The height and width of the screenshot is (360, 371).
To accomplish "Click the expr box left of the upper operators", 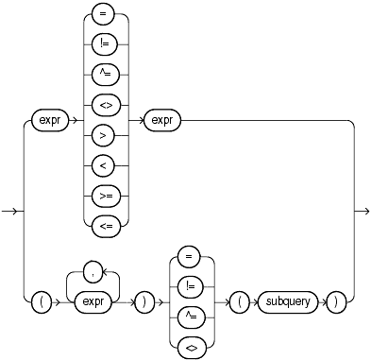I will tap(47, 121).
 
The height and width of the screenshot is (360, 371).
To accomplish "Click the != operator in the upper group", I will tap(104, 42).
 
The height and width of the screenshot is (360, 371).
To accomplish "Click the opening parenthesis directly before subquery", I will tap(241, 303).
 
